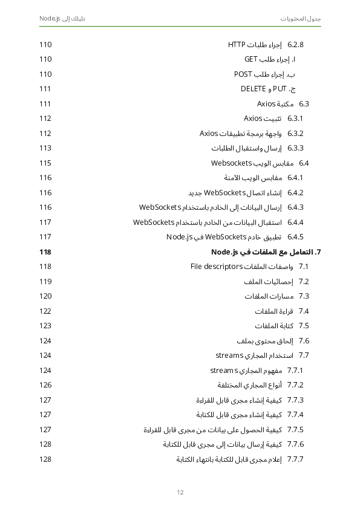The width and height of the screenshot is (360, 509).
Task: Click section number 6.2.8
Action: pos(295,45)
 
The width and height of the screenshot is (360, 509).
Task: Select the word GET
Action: pos(251,59)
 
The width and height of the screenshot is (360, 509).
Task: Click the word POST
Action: pos(243,74)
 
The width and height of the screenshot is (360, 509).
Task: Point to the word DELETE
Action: pos(254,89)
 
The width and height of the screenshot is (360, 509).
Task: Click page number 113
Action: pos(45,148)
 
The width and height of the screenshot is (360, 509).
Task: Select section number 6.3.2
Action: pos(295,134)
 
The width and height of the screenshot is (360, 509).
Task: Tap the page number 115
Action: pos(45,163)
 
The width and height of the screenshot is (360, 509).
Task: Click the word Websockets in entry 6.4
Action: pos(231,163)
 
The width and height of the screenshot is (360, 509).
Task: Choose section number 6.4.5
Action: pos(295,237)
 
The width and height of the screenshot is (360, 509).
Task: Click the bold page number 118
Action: pos(45,251)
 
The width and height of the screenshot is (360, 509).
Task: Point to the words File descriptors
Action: pos(216,267)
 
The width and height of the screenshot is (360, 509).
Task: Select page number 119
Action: pos(45,282)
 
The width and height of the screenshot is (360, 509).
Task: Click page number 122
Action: pos(45,311)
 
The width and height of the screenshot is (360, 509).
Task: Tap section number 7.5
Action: pos(304,326)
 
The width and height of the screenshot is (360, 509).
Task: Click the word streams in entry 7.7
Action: pos(229,355)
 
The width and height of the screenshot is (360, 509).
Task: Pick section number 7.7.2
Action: pos(295,385)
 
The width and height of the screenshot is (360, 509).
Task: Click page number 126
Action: pos(45,385)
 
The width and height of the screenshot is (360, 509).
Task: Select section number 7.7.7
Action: pos(295,459)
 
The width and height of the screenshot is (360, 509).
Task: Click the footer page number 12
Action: pos(180,492)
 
